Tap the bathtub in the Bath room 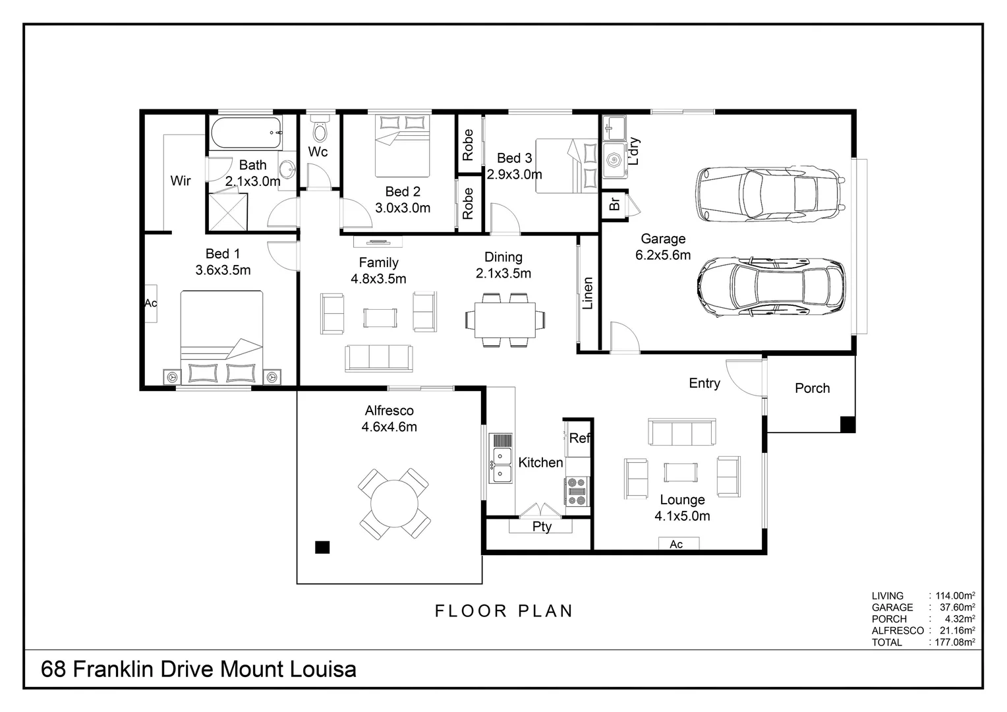point(246,133)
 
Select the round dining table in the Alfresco point(394,504)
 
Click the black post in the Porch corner point(848,425)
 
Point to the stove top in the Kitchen point(577,492)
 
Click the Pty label point(542,527)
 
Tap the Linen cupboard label point(588,293)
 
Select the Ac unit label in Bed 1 point(151,303)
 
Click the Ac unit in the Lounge point(678,543)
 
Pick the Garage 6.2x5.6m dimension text point(663,255)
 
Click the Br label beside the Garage point(614,204)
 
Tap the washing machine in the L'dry point(614,160)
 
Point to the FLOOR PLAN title point(503,610)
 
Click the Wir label point(181,181)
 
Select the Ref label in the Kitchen point(579,438)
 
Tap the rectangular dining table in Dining point(505,320)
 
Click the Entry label point(705,383)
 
